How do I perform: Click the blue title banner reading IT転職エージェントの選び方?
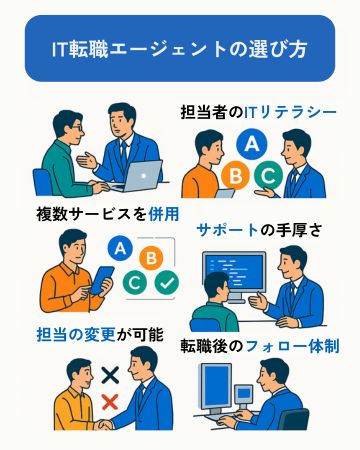click(180, 48)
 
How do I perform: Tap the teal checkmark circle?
click(167, 284)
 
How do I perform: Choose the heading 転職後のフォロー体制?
click(260, 346)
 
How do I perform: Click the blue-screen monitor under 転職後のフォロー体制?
click(223, 388)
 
